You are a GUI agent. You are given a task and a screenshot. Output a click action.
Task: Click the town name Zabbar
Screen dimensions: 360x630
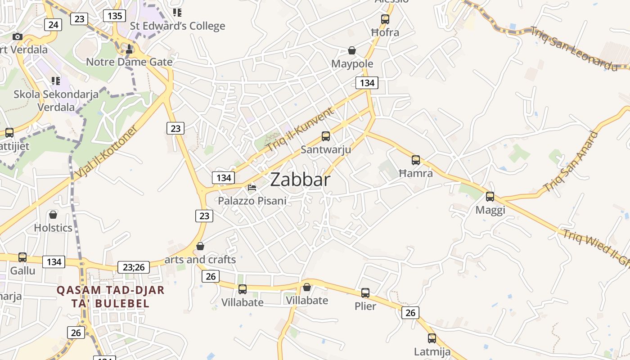click(300, 180)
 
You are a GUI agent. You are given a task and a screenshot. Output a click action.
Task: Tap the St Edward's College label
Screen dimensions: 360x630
click(177, 26)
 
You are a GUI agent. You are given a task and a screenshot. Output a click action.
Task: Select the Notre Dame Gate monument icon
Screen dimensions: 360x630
click(129, 49)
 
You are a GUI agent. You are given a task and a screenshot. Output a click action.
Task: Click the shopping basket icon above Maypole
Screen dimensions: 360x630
click(352, 50)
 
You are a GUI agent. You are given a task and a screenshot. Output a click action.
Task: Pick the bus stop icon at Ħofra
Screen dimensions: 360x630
click(385, 19)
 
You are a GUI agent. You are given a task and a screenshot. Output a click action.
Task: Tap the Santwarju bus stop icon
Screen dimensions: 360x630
click(325, 136)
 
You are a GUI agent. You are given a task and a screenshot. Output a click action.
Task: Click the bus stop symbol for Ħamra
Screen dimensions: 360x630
click(416, 160)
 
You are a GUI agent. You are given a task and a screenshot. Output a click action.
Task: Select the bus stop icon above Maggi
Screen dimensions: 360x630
click(490, 197)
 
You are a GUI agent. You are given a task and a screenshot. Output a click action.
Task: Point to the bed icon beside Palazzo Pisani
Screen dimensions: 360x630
click(252, 187)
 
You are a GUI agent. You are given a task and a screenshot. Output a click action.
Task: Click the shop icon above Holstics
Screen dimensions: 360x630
click(53, 215)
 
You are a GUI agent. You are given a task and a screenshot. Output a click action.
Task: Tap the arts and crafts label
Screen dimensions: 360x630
click(200, 260)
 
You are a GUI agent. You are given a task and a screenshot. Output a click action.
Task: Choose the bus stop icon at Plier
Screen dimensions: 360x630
click(365, 293)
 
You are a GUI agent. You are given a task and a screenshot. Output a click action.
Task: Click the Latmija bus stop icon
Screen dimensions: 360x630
click(432, 338)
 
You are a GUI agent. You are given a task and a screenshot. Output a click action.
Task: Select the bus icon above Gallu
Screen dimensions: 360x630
click(22, 257)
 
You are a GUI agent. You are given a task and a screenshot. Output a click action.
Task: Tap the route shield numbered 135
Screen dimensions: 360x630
click(114, 16)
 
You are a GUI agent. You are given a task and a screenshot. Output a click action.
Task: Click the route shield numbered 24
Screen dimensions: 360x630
click(53, 25)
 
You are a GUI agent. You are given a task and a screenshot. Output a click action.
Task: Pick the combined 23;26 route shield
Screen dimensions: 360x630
click(133, 267)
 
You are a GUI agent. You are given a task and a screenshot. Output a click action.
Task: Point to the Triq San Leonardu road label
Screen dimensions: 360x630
click(574, 49)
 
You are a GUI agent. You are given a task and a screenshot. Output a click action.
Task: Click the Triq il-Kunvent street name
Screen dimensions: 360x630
click(301, 129)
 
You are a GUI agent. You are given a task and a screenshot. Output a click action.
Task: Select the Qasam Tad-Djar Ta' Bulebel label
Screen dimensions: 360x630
click(110, 297)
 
